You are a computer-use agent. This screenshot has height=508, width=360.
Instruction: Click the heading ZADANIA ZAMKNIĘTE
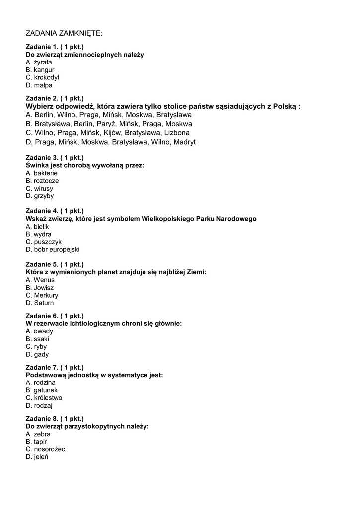(x=64, y=34)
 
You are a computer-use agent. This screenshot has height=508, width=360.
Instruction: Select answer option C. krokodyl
(x=42, y=77)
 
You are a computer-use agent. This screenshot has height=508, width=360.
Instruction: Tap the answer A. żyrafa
(x=39, y=62)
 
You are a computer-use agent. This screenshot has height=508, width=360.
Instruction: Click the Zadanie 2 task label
(x=55, y=98)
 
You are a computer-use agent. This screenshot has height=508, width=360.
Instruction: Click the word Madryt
(x=184, y=142)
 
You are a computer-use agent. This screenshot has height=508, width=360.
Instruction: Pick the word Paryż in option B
(x=105, y=124)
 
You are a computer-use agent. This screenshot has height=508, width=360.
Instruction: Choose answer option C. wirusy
(x=39, y=189)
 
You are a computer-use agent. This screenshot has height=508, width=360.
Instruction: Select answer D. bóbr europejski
(x=53, y=250)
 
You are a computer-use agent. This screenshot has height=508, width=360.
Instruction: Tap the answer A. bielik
(x=37, y=227)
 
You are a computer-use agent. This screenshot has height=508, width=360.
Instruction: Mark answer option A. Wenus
(x=40, y=280)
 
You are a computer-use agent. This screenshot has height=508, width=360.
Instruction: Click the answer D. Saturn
(x=40, y=303)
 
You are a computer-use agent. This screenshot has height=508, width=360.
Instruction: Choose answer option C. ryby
(x=37, y=347)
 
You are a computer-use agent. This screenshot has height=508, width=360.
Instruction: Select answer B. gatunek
(x=42, y=390)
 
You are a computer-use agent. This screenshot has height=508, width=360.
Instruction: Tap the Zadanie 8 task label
(x=55, y=418)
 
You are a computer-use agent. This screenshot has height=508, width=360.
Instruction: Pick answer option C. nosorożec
(x=45, y=449)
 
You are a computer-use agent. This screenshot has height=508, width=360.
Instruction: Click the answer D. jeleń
(x=37, y=457)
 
